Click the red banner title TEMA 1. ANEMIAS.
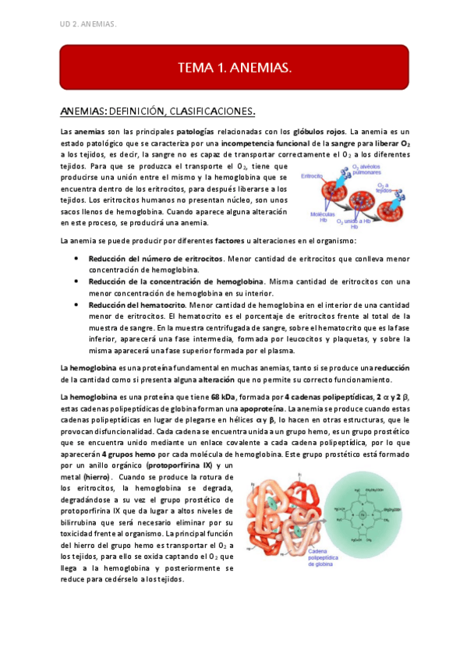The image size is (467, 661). (235, 68)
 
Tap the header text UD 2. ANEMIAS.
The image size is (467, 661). (88, 24)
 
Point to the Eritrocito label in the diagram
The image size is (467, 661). (311, 177)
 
